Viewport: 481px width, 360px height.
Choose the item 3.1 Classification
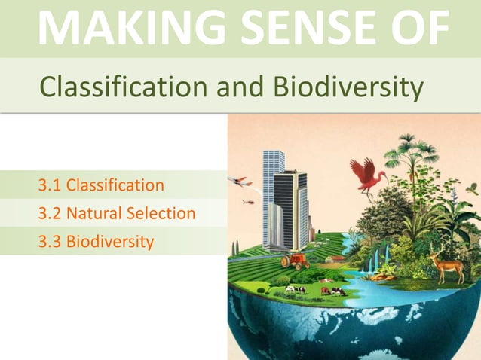click(101, 185)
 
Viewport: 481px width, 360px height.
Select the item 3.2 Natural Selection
click(117, 213)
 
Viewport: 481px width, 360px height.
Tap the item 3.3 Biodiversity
click(96, 242)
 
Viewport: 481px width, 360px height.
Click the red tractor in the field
click(296, 261)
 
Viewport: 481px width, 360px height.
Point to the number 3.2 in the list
click(50, 213)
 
